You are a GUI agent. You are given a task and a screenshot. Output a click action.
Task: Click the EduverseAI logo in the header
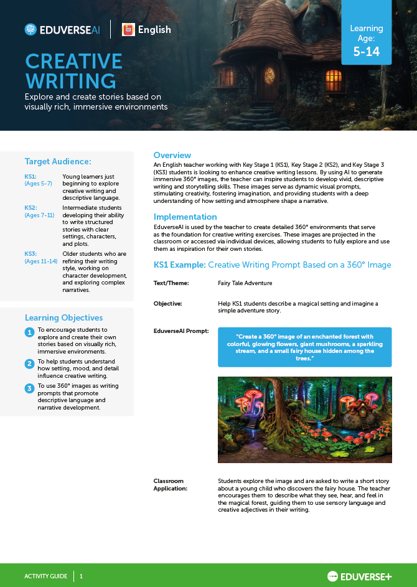tap(62, 29)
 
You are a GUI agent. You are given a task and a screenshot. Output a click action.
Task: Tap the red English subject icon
tap(128, 29)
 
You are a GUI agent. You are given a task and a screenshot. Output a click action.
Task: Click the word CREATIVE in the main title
tap(73, 62)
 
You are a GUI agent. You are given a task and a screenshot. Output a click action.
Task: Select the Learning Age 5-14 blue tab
tap(366, 40)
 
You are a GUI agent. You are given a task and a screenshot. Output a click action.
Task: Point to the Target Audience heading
tap(58, 161)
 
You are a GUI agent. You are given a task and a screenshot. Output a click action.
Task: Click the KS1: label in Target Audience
tap(30, 176)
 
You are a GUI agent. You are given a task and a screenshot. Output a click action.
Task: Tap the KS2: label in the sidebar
tap(30, 207)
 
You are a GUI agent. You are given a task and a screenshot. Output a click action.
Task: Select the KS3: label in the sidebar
tap(30, 254)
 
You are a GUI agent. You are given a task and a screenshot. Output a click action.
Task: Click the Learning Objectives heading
tap(63, 317)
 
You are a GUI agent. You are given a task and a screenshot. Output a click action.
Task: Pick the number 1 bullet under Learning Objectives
tap(29, 332)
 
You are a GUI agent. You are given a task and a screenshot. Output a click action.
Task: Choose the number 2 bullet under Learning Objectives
tap(29, 364)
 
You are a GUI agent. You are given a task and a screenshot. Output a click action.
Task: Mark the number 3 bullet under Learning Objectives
tap(29, 388)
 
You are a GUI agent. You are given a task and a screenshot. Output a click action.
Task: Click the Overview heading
tap(172, 155)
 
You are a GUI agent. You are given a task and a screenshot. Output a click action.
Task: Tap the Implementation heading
tap(185, 217)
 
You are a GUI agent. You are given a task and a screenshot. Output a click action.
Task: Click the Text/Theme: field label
tap(171, 283)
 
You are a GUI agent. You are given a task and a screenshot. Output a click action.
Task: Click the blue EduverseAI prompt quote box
tap(304, 347)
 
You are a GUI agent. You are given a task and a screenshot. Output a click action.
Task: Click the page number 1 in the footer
tap(81, 576)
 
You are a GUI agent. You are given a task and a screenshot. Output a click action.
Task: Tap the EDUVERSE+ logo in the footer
tap(359, 576)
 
